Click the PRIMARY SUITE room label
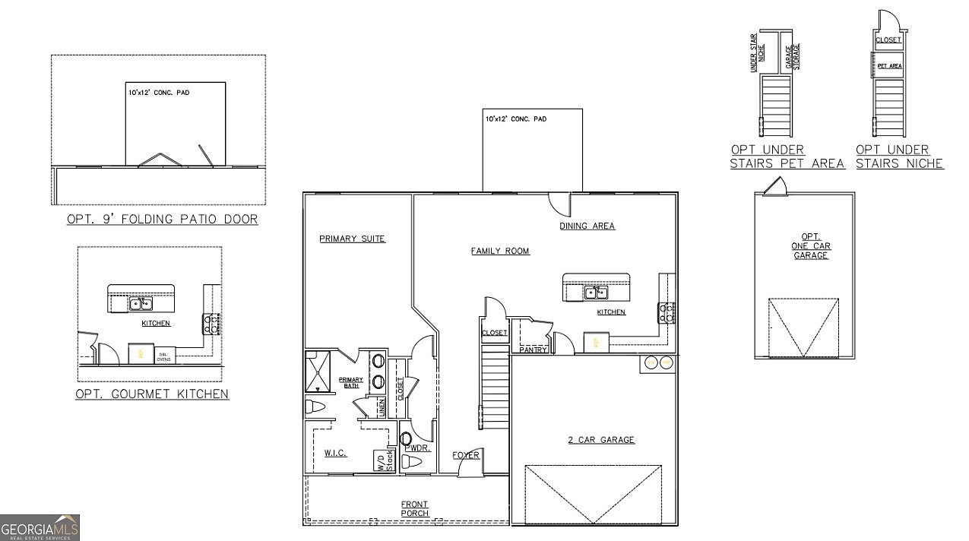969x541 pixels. pos(352,239)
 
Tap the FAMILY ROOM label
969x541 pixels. pos(499,251)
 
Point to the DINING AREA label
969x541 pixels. pos(587,226)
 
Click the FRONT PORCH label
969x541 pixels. pos(414,508)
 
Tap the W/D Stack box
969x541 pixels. pos(383,460)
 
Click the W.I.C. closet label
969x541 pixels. pos(335,453)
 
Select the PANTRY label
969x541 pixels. pos(534,350)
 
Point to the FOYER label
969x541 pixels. pos(466,455)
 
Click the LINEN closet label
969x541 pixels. pos(382,407)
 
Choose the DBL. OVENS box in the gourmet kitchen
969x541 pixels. pos(163,356)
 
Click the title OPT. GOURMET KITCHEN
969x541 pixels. pos(152,394)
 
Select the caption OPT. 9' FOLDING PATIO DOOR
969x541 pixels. pos(162,220)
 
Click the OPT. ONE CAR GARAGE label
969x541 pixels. pos(811,246)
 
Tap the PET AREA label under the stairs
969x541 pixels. pos(889,66)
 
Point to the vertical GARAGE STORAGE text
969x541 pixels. pos(797,55)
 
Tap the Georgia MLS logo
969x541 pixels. pos(40,527)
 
